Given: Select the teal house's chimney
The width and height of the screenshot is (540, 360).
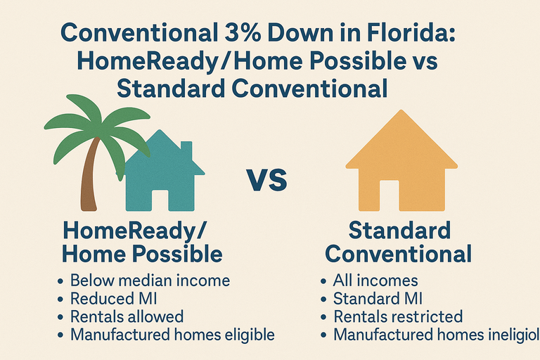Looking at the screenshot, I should (x=187, y=150).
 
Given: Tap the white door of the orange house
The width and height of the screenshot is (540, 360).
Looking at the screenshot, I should (x=389, y=196).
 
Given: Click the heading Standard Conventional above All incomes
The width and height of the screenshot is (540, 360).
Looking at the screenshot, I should (x=399, y=242).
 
